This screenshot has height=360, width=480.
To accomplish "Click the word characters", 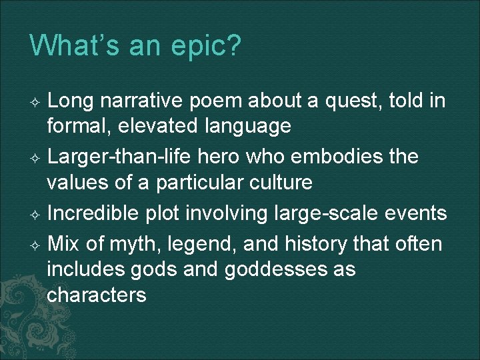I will (97, 294).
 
